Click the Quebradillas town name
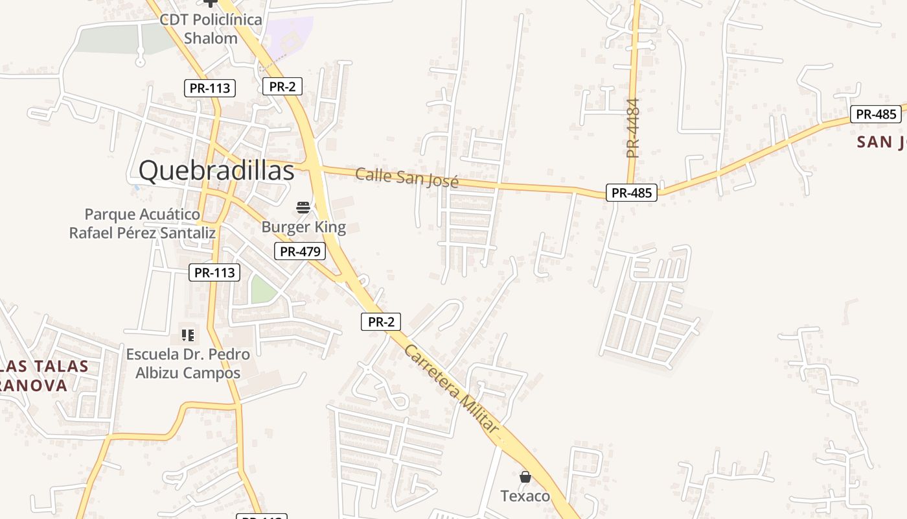click(x=216, y=171)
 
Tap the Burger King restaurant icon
click(x=303, y=208)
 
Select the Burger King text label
click(x=303, y=228)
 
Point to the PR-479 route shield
click(x=299, y=252)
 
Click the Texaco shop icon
click(x=525, y=477)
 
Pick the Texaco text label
click(x=525, y=496)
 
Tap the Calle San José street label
click(x=407, y=177)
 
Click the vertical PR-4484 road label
click(x=633, y=128)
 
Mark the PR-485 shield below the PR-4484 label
click(x=632, y=193)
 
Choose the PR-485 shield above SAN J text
click(x=877, y=114)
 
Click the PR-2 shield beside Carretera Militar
click(x=381, y=321)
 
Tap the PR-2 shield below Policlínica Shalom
click(x=282, y=86)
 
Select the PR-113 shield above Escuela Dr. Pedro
click(x=214, y=272)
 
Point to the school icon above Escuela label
click(x=188, y=335)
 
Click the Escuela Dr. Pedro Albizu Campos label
click(x=188, y=363)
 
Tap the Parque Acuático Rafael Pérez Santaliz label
click(x=143, y=223)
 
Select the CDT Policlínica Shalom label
click(x=211, y=29)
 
